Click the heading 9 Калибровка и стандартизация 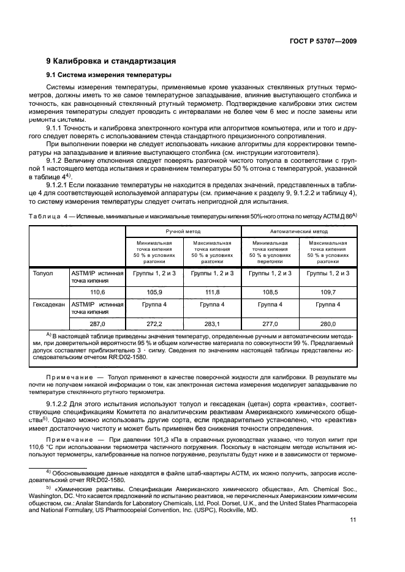tap(112, 61)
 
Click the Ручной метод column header tap(175, 232)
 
